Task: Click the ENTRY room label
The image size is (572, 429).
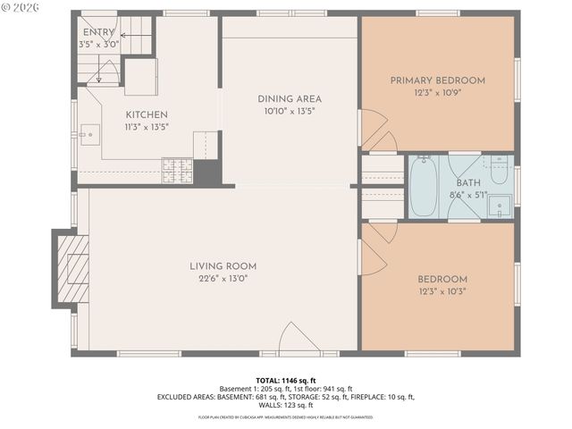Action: point(98,32)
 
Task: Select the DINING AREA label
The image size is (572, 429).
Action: point(290,99)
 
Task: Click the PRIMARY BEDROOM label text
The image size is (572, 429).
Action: point(437,80)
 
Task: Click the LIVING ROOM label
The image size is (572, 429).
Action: point(223,266)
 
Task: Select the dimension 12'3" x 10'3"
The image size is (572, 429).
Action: point(442,290)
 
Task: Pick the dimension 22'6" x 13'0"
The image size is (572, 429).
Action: point(223,278)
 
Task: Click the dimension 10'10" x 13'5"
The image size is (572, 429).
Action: point(290,111)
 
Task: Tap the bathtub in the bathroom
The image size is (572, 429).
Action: point(424,187)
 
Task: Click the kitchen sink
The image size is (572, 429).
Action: point(87,136)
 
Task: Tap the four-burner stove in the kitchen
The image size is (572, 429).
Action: point(176,171)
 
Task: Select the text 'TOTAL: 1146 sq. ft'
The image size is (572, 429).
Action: point(286,380)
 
